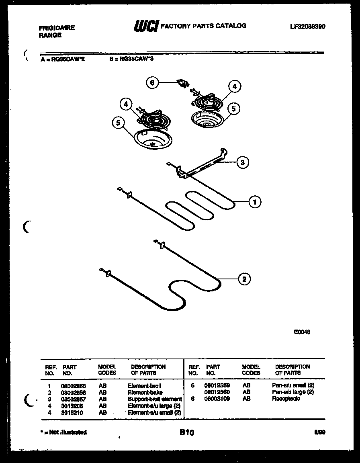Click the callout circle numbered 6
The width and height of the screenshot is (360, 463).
pos(151,83)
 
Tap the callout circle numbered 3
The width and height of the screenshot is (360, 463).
pos(242,162)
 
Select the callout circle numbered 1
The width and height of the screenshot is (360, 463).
pos(254,202)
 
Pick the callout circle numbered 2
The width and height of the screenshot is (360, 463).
pos(244,279)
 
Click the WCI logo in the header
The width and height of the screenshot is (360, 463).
pos(146,26)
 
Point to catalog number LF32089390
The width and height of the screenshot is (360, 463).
pos(307,27)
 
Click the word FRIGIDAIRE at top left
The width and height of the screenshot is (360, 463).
pos(57,28)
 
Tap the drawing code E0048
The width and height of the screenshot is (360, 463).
pos(302,332)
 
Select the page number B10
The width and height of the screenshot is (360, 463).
pos(187,432)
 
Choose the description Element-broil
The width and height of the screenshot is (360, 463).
pos(144,385)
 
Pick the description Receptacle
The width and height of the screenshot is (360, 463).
pos(286,399)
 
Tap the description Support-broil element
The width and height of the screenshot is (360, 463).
pos(155,399)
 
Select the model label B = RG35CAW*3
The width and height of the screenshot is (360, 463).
pos(131,59)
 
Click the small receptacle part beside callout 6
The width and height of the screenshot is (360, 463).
pos(183,84)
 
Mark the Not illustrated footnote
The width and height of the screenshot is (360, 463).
pos(63,432)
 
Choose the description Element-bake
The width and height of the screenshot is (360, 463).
pos(145,392)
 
